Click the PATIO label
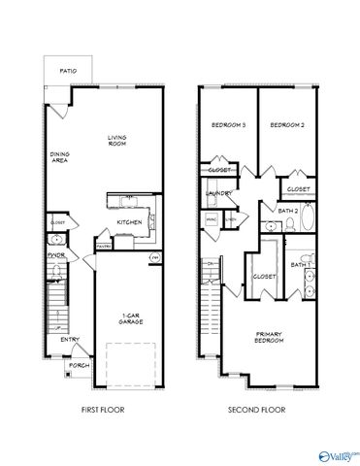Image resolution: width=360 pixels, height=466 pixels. [x=68, y=70]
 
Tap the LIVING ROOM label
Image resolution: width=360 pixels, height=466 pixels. [x=116, y=142]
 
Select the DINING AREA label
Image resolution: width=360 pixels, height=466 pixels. [x=59, y=158]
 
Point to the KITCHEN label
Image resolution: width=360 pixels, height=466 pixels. [x=129, y=222]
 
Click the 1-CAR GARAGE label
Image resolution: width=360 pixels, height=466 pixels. [x=126, y=319]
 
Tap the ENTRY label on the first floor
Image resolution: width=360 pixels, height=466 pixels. [x=69, y=340]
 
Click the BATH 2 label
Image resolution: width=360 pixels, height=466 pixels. [x=287, y=210]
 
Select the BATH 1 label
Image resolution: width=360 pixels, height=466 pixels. [x=300, y=264]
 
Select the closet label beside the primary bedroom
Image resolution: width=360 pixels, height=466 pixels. [x=264, y=276]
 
